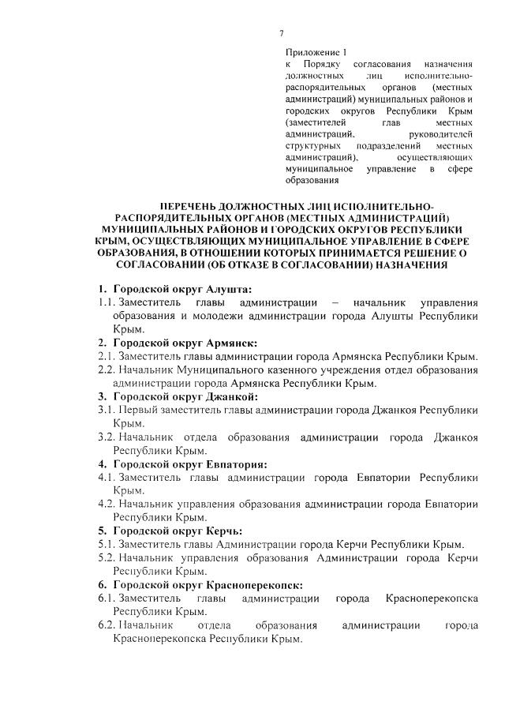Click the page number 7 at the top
[281, 33]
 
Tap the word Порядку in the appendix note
[322, 64]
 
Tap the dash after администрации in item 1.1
[336, 302]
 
